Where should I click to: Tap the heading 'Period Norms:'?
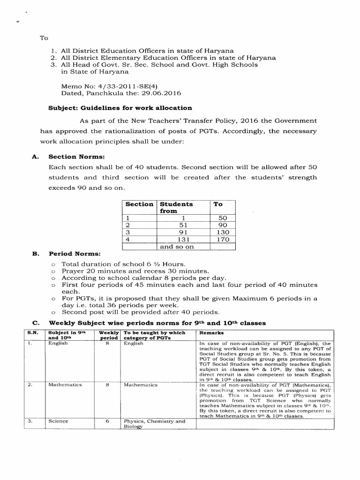(x=68, y=254)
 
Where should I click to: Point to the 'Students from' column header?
(x=176, y=207)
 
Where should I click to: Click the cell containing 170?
(x=223, y=239)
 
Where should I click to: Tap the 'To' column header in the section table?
(x=218, y=204)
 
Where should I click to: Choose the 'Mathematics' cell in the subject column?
(x=65, y=385)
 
